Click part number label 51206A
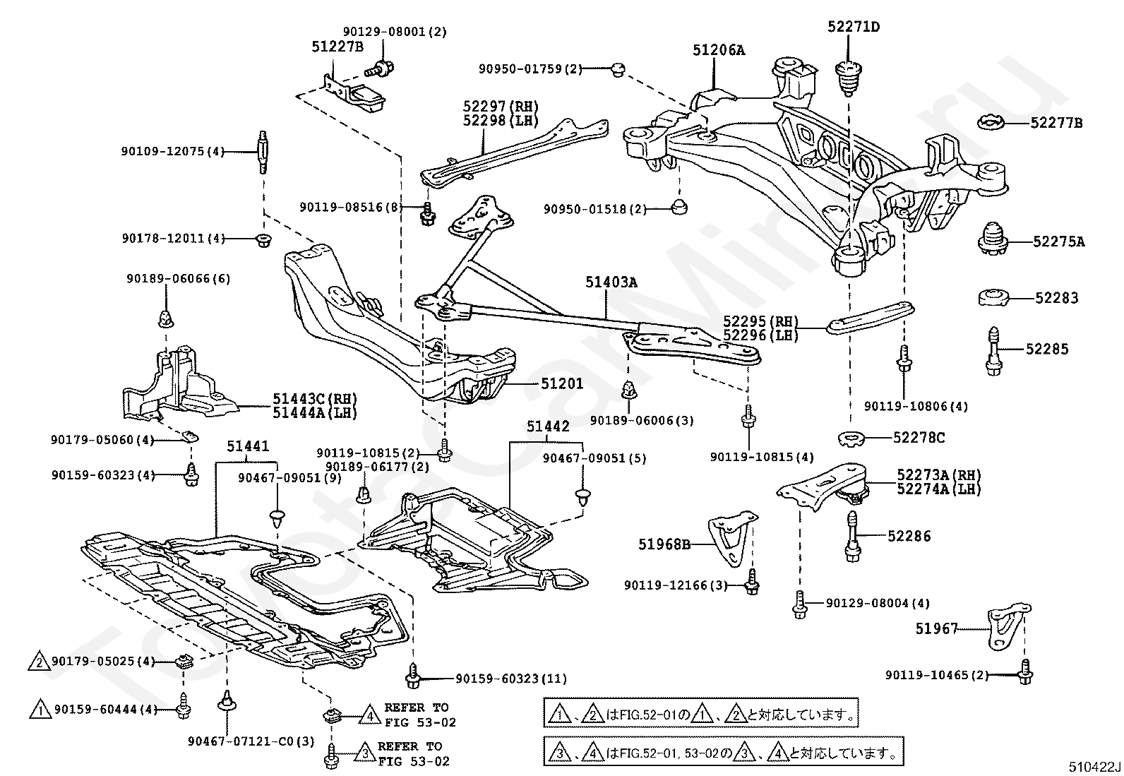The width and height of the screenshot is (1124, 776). [719, 50]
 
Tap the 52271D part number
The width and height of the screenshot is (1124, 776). [854, 27]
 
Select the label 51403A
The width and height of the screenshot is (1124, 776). [611, 282]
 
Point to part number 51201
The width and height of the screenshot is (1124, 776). [561, 384]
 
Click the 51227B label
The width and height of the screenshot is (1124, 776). [337, 47]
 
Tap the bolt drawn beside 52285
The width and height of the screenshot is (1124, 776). [993, 351]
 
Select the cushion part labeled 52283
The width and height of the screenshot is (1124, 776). [993, 297]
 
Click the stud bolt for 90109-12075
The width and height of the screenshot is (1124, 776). [263, 152]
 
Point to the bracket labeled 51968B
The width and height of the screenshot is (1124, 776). [732, 539]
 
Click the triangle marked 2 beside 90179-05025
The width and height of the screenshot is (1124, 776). [39, 662]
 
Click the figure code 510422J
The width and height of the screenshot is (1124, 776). [1094, 767]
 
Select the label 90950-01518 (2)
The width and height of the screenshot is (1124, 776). [595, 209]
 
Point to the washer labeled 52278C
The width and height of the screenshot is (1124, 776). [854, 439]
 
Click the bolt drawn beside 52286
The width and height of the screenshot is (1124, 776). [853, 537]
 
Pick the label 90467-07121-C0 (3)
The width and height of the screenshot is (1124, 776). [251, 741]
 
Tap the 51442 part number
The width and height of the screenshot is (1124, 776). [548, 426]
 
